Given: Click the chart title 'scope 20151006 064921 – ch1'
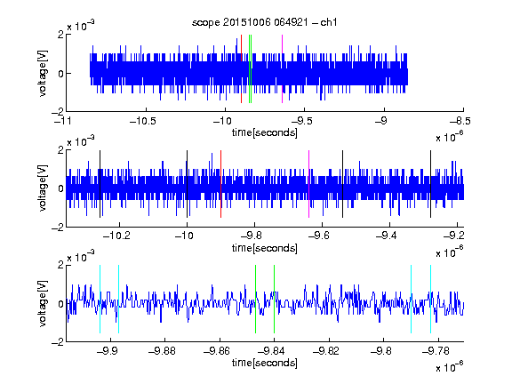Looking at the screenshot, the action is [x=264, y=22].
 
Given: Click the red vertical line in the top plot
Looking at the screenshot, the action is [x=241, y=69].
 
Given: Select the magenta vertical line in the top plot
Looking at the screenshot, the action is [x=282, y=69].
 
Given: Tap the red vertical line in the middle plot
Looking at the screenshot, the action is [x=220, y=184].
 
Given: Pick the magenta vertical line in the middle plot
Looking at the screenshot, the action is [x=309, y=184].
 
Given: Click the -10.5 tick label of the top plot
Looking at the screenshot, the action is [x=143, y=121].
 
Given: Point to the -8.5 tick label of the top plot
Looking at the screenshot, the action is [x=460, y=121].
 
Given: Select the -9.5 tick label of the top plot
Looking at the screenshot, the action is [x=301, y=121].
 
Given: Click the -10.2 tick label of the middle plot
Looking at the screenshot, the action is [x=116, y=236].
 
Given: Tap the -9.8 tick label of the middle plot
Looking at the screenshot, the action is [x=252, y=236].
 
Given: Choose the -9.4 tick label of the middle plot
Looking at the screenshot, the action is [x=387, y=236].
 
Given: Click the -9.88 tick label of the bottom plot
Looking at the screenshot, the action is [x=162, y=351].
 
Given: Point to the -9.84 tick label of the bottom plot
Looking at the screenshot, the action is [x=271, y=351].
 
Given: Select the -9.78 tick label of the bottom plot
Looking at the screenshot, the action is [x=436, y=351].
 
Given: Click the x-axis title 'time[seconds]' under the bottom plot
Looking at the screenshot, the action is [x=265, y=363].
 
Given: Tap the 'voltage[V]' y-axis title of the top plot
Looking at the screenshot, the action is [x=43, y=73].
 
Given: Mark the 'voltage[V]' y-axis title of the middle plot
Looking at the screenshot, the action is [x=43, y=188].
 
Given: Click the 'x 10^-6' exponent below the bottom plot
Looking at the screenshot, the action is [x=450, y=367].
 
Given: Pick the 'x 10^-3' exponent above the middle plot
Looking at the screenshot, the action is [x=81, y=141].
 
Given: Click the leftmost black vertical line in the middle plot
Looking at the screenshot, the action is [x=100, y=184].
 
